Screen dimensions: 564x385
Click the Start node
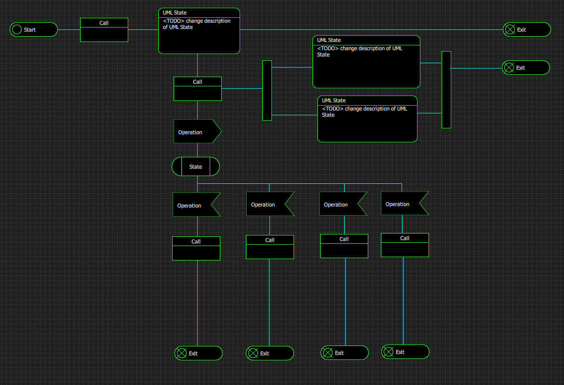click(x=33, y=29)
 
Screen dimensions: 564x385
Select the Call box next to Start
click(x=104, y=30)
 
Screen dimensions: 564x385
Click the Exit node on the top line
click(x=526, y=29)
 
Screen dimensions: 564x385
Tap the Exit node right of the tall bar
click(x=526, y=68)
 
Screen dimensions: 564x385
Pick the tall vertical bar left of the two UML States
click(x=267, y=90)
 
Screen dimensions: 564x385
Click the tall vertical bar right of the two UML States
click(x=446, y=90)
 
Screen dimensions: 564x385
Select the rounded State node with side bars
click(x=196, y=166)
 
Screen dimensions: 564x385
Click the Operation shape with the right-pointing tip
click(x=198, y=131)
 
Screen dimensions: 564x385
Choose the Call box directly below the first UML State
click(x=198, y=89)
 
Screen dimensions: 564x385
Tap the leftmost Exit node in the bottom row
click(x=199, y=353)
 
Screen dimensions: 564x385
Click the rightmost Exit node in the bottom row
click(x=405, y=352)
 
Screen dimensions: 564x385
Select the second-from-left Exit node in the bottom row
click(x=270, y=353)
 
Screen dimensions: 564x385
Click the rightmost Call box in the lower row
click(x=404, y=245)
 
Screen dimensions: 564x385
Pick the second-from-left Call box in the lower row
click(x=270, y=247)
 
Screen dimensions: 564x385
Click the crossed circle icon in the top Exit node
click(x=510, y=29)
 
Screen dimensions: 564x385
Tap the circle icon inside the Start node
click(x=17, y=29)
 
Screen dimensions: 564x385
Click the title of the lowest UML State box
click(x=334, y=100)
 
